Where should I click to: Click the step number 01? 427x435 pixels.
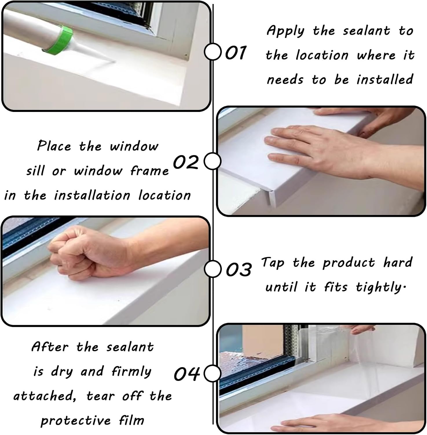(x=235, y=53)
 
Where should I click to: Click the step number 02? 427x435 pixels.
(x=186, y=162)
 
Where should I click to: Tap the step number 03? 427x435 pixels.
(x=238, y=269)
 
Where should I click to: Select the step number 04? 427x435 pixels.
(x=187, y=374)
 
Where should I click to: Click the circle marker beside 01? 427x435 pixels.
(x=213, y=52)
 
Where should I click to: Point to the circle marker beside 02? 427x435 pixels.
(x=213, y=161)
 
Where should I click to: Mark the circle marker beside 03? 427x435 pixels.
(x=213, y=269)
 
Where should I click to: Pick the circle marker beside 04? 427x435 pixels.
(x=213, y=374)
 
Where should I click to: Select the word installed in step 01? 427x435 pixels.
(x=385, y=79)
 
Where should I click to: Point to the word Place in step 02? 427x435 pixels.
(x=54, y=146)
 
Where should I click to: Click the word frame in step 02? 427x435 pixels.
(x=149, y=171)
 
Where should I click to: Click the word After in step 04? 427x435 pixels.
(x=50, y=347)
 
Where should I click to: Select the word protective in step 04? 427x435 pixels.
(x=76, y=420)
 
